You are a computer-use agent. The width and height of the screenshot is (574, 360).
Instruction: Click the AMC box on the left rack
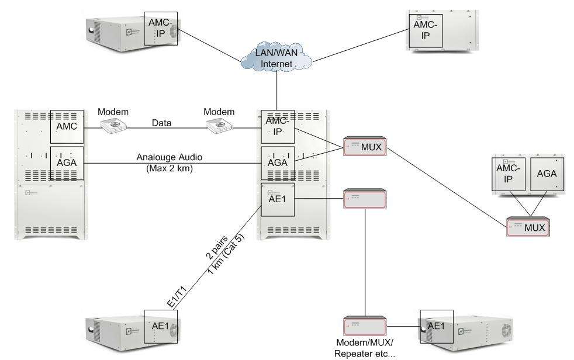point(67,127)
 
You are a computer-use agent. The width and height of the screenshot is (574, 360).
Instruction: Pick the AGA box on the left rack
point(67,164)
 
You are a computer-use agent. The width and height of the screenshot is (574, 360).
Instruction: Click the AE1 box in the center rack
point(278,199)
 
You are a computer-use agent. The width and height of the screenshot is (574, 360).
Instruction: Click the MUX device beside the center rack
point(364,146)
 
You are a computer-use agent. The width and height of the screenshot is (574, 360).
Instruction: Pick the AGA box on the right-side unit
point(547,174)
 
